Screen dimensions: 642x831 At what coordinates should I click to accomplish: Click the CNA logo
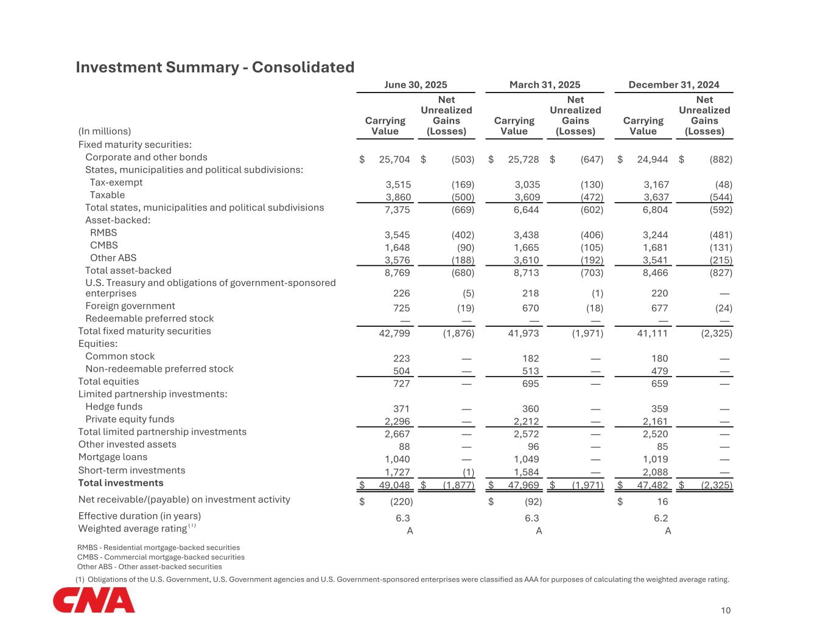coord(94,601)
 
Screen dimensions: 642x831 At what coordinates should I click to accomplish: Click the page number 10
coord(725,610)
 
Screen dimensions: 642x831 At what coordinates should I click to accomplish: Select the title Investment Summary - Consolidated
coord(215,67)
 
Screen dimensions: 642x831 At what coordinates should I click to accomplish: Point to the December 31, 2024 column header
coord(673,85)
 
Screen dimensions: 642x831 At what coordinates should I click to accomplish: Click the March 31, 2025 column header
coord(544,85)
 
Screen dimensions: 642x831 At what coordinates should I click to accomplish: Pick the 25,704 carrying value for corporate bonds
coord(394,159)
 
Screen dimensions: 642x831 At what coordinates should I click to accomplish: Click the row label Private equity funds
coord(130,419)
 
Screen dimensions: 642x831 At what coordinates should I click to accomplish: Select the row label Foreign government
coord(130,306)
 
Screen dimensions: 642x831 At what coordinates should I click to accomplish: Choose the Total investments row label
coord(121,483)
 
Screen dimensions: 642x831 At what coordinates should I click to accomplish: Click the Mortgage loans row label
coord(113,457)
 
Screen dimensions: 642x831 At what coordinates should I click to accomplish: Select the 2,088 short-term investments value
coord(655,472)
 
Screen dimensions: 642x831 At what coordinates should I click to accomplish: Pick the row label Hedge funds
coord(114,406)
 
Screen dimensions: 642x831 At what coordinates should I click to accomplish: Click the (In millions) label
coord(105,131)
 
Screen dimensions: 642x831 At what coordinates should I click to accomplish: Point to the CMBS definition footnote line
coord(161,557)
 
